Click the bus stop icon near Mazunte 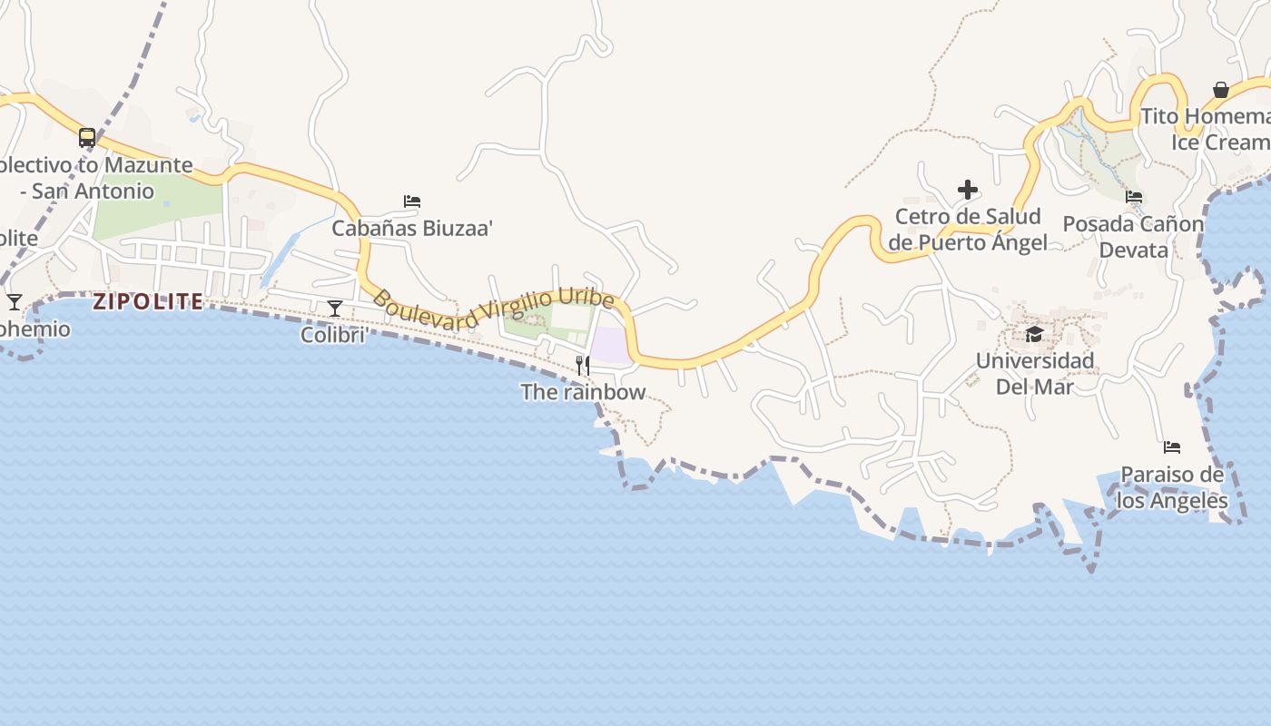(87, 138)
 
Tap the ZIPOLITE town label (148, 302)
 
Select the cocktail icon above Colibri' (335, 309)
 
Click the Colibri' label (334, 336)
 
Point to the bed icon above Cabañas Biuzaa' (412, 201)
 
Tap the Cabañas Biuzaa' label (412, 228)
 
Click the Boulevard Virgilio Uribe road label (494, 308)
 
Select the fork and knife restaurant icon (583, 366)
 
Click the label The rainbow (583, 392)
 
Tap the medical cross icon (968, 190)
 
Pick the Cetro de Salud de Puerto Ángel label (968, 230)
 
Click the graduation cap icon (1034, 335)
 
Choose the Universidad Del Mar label (1035, 374)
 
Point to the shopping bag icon (1221, 90)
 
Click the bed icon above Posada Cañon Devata (1134, 196)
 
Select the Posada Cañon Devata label (1133, 237)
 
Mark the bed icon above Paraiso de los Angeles (1172, 447)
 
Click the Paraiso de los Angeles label (1172, 487)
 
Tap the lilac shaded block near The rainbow (610, 346)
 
